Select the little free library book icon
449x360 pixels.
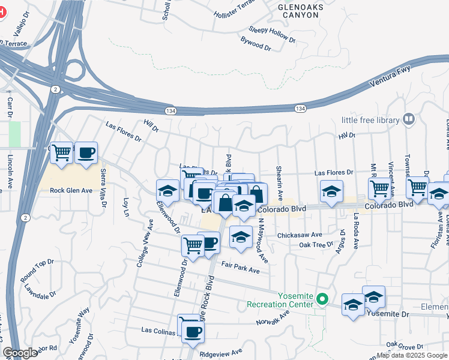click(x=409, y=120)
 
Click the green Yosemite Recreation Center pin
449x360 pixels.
click(x=322, y=298)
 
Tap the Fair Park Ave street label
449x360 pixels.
click(x=240, y=268)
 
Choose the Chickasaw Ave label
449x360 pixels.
click(x=300, y=235)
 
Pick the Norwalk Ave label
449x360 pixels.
click(x=273, y=322)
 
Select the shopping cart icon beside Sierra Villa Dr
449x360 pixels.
click(x=61, y=153)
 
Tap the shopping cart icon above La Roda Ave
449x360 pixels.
click(x=379, y=188)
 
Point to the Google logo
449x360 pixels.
click(x=19, y=353)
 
